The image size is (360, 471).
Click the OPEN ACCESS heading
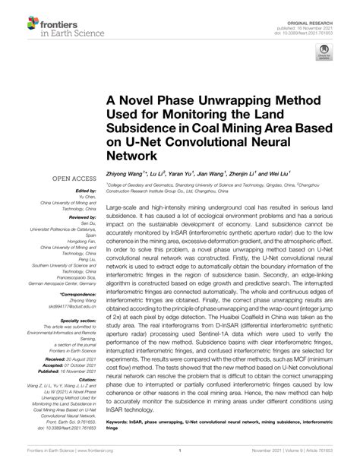coord(73,179)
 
